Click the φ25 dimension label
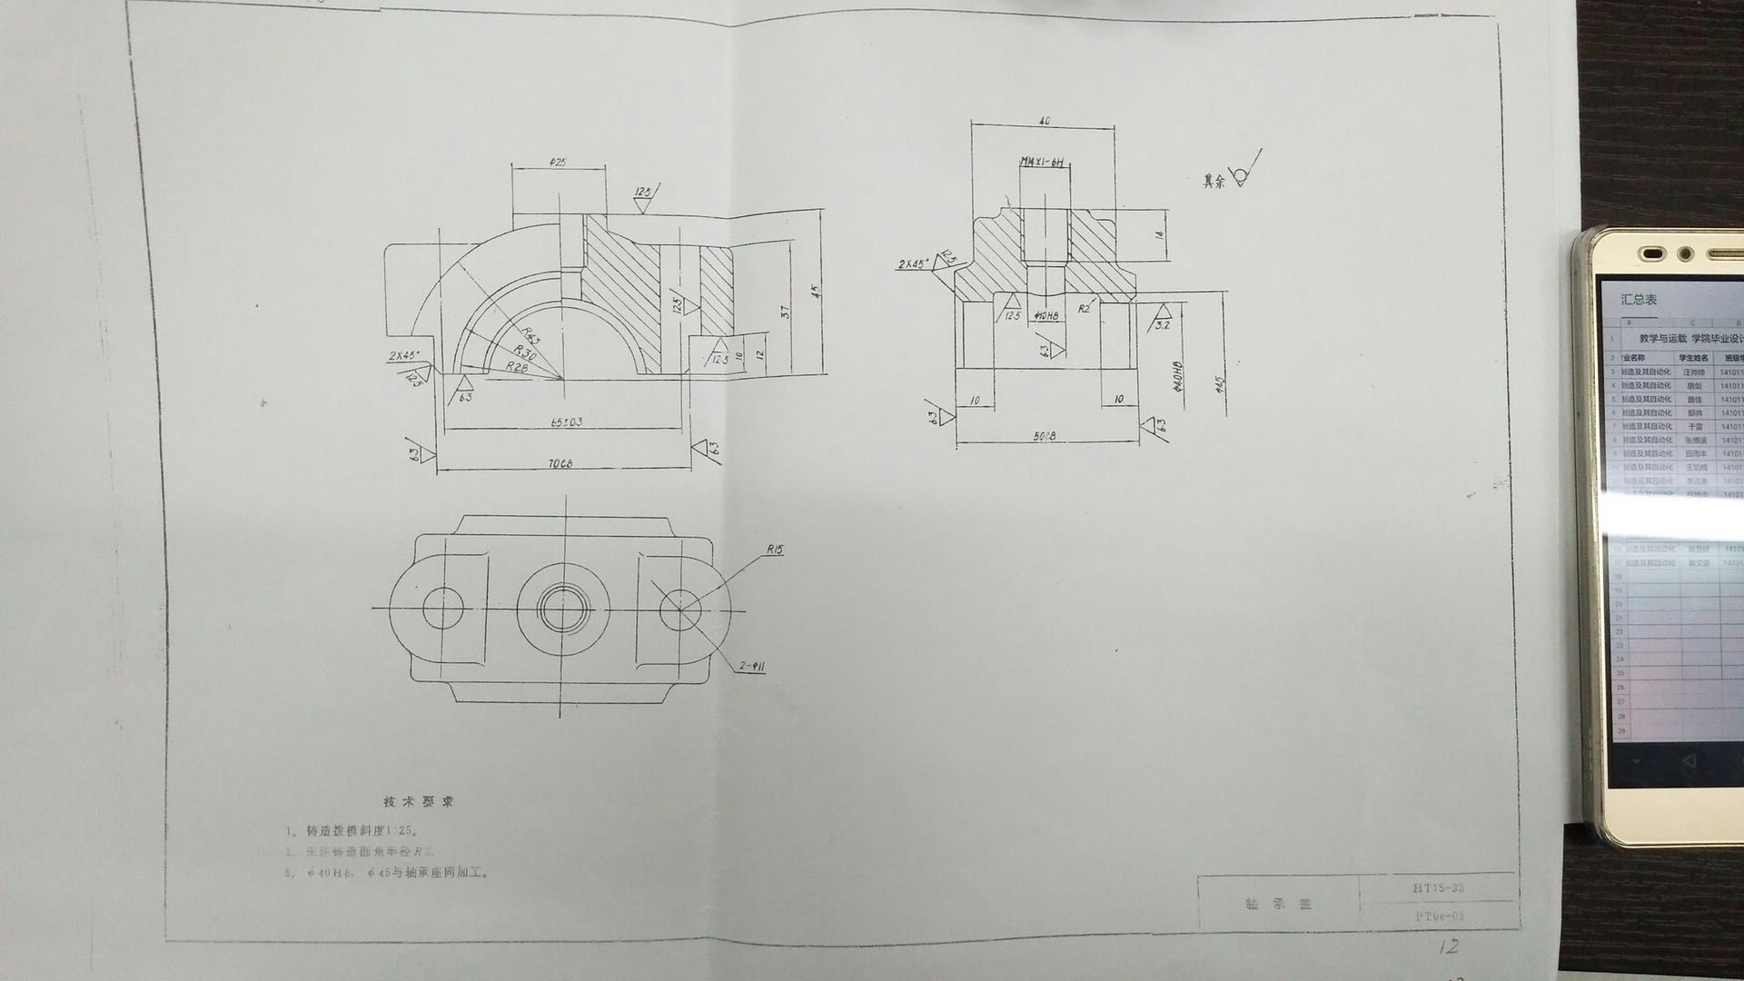558,162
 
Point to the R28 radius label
517,367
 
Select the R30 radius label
524,352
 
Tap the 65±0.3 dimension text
567,422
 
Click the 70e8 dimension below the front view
560,464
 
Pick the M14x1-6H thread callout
1042,163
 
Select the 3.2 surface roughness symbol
1161,322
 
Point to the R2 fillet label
1084,309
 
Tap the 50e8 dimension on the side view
1045,437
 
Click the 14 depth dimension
1159,235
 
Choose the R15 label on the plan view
774,550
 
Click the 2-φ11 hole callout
751,667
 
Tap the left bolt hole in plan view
442,608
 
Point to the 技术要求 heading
418,802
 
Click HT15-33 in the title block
1438,887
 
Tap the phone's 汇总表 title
1639,300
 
